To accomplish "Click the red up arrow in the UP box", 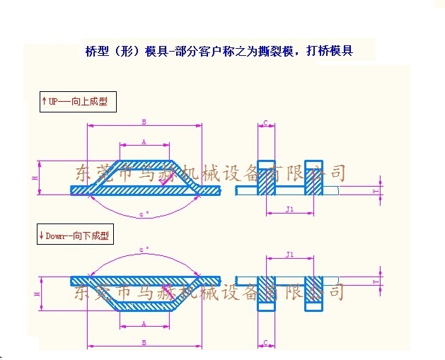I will pyautogui.click(x=45, y=102).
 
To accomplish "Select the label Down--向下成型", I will pyautogui.click(x=78, y=236).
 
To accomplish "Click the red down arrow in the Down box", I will pyautogui.click(x=42, y=236).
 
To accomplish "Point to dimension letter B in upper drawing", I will pyautogui.click(x=144, y=122).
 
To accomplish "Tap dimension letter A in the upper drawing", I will pyautogui.click(x=144, y=142).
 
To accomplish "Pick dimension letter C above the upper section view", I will pyautogui.click(x=265, y=122).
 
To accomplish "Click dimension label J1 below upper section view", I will pyautogui.click(x=289, y=209).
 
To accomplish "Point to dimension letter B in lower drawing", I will pyautogui.click(x=144, y=342).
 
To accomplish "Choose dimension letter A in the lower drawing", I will pyautogui.click(x=144, y=323).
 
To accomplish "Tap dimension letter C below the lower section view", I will pyautogui.click(x=265, y=342).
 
